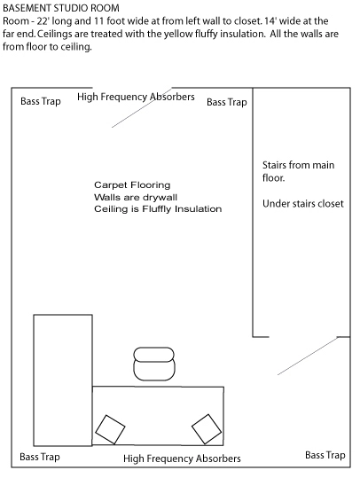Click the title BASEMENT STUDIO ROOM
pyautogui.click(x=61, y=8)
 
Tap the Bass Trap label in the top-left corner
pyautogui.click(x=41, y=101)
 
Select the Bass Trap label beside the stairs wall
pyautogui.click(x=227, y=102)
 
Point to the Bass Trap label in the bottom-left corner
pyautogui.click(x=40, y=457)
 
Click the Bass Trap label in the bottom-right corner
pyautogui.click(x=325, y=455)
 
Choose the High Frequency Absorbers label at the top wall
pyautogui.click(x=136, y=97)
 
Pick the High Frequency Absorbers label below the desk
pyautogui.click(x=182, y=458)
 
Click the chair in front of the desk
pyautogui.click(x=154, y=364)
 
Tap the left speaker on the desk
pyautogui.click(x=110, y=429)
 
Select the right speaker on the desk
pyautogui.click(x=207, y=429)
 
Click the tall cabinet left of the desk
pyautogui.click(x=63, y=380)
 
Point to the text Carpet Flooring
pyautogui.click(x=132, y=185)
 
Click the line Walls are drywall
pyautogui.click(x=136, y=197)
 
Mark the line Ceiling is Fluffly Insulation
pyautogui.click(x=158, y=209)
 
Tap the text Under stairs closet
pyautogui.click(x=303, y=204)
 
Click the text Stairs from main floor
pyautogui.click(x=299, y=171)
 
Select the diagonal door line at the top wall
pyautogui.click(x=142, y=107)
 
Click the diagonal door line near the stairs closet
pyautogui.click(x=308, y=356)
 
